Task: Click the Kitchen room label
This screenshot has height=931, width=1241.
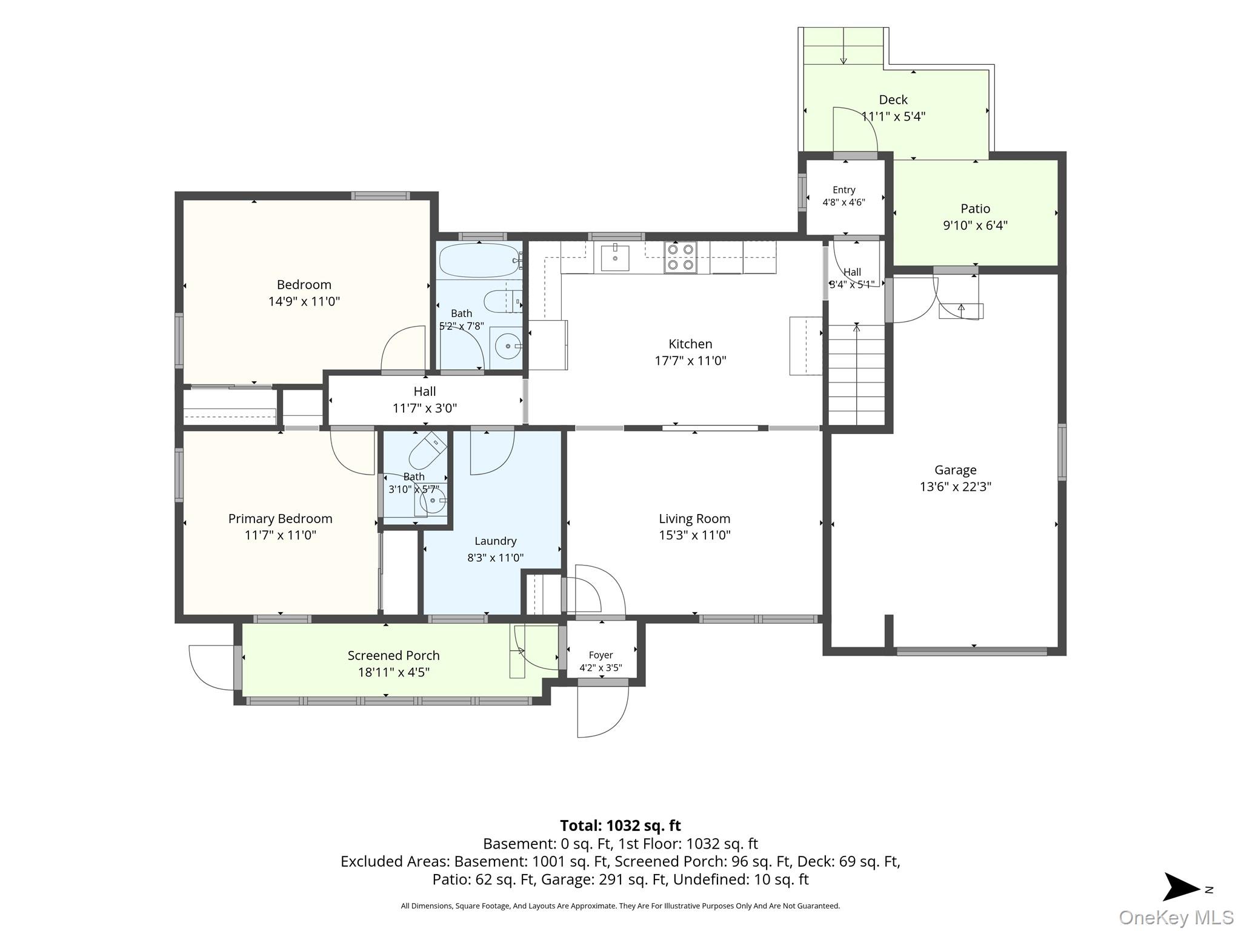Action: [690, 344]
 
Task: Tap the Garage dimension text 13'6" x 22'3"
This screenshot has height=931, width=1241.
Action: [956, 487]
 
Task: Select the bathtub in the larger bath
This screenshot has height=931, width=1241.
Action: [479, 260]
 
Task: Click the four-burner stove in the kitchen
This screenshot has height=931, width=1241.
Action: [680, 257]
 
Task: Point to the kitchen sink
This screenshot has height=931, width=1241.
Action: [615, 258]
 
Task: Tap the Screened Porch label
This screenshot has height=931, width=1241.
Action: [393, 655]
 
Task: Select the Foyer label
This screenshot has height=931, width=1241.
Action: [601, 655]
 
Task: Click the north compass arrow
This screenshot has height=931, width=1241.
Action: [1182, 887]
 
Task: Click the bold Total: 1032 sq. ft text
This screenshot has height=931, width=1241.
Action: [620, 826]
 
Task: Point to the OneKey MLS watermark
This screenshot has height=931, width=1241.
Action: [1176, 918]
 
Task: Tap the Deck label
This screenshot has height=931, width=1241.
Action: [893, 99]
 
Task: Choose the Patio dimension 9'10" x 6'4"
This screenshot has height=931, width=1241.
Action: [975, 225]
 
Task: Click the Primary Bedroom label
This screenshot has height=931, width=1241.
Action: [280, 519]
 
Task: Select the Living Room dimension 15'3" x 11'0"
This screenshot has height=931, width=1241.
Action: [694, 535]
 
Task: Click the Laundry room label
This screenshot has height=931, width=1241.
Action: [495, 541]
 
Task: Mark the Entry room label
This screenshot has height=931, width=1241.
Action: [843, 190]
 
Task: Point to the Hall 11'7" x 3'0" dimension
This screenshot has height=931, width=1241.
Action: [425, 409]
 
